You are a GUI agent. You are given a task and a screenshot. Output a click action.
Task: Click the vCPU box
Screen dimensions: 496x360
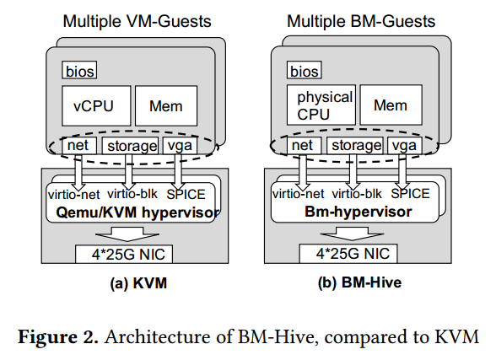(96, 106)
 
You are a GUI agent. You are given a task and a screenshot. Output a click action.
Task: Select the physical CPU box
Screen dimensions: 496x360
(321, 105)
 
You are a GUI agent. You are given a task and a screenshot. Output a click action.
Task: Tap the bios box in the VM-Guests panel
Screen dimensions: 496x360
(79, 70)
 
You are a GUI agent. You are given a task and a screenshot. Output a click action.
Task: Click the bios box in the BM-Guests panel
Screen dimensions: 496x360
(305, 70)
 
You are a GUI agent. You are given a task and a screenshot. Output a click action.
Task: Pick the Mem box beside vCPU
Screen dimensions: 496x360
(166, 106)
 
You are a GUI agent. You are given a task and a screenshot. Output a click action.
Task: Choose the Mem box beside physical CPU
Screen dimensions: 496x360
(391, 105)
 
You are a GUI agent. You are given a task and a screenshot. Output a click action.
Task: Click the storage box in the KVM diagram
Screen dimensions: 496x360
(130, 146)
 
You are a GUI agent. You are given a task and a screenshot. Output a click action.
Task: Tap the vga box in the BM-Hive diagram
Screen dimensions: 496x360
(405, 145)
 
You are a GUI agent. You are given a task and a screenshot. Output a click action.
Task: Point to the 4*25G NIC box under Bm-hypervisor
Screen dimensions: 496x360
(348, 254)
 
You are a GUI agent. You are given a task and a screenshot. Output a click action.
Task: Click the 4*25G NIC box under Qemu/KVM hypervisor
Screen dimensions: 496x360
(124, 254)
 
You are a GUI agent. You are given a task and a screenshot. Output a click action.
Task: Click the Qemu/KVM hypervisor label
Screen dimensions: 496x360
(137, 212)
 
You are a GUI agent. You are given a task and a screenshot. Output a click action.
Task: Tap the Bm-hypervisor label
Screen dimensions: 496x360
(358, 212)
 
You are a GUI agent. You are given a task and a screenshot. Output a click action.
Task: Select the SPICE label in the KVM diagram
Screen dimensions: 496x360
(186, 194)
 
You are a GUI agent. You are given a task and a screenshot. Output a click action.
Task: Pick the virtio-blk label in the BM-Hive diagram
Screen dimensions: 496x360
(357, 193)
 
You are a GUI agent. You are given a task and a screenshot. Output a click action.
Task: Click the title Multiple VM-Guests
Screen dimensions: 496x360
(137, 21)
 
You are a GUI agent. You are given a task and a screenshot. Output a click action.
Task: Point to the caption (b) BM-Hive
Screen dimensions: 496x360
(359, 282)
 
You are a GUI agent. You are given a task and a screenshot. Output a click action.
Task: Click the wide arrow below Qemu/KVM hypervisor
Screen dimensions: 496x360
(127, 234)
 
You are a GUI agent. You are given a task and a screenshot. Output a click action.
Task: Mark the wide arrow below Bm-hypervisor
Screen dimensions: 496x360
(352, 234)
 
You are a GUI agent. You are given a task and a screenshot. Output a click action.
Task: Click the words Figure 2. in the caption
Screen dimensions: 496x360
(58, 336)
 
